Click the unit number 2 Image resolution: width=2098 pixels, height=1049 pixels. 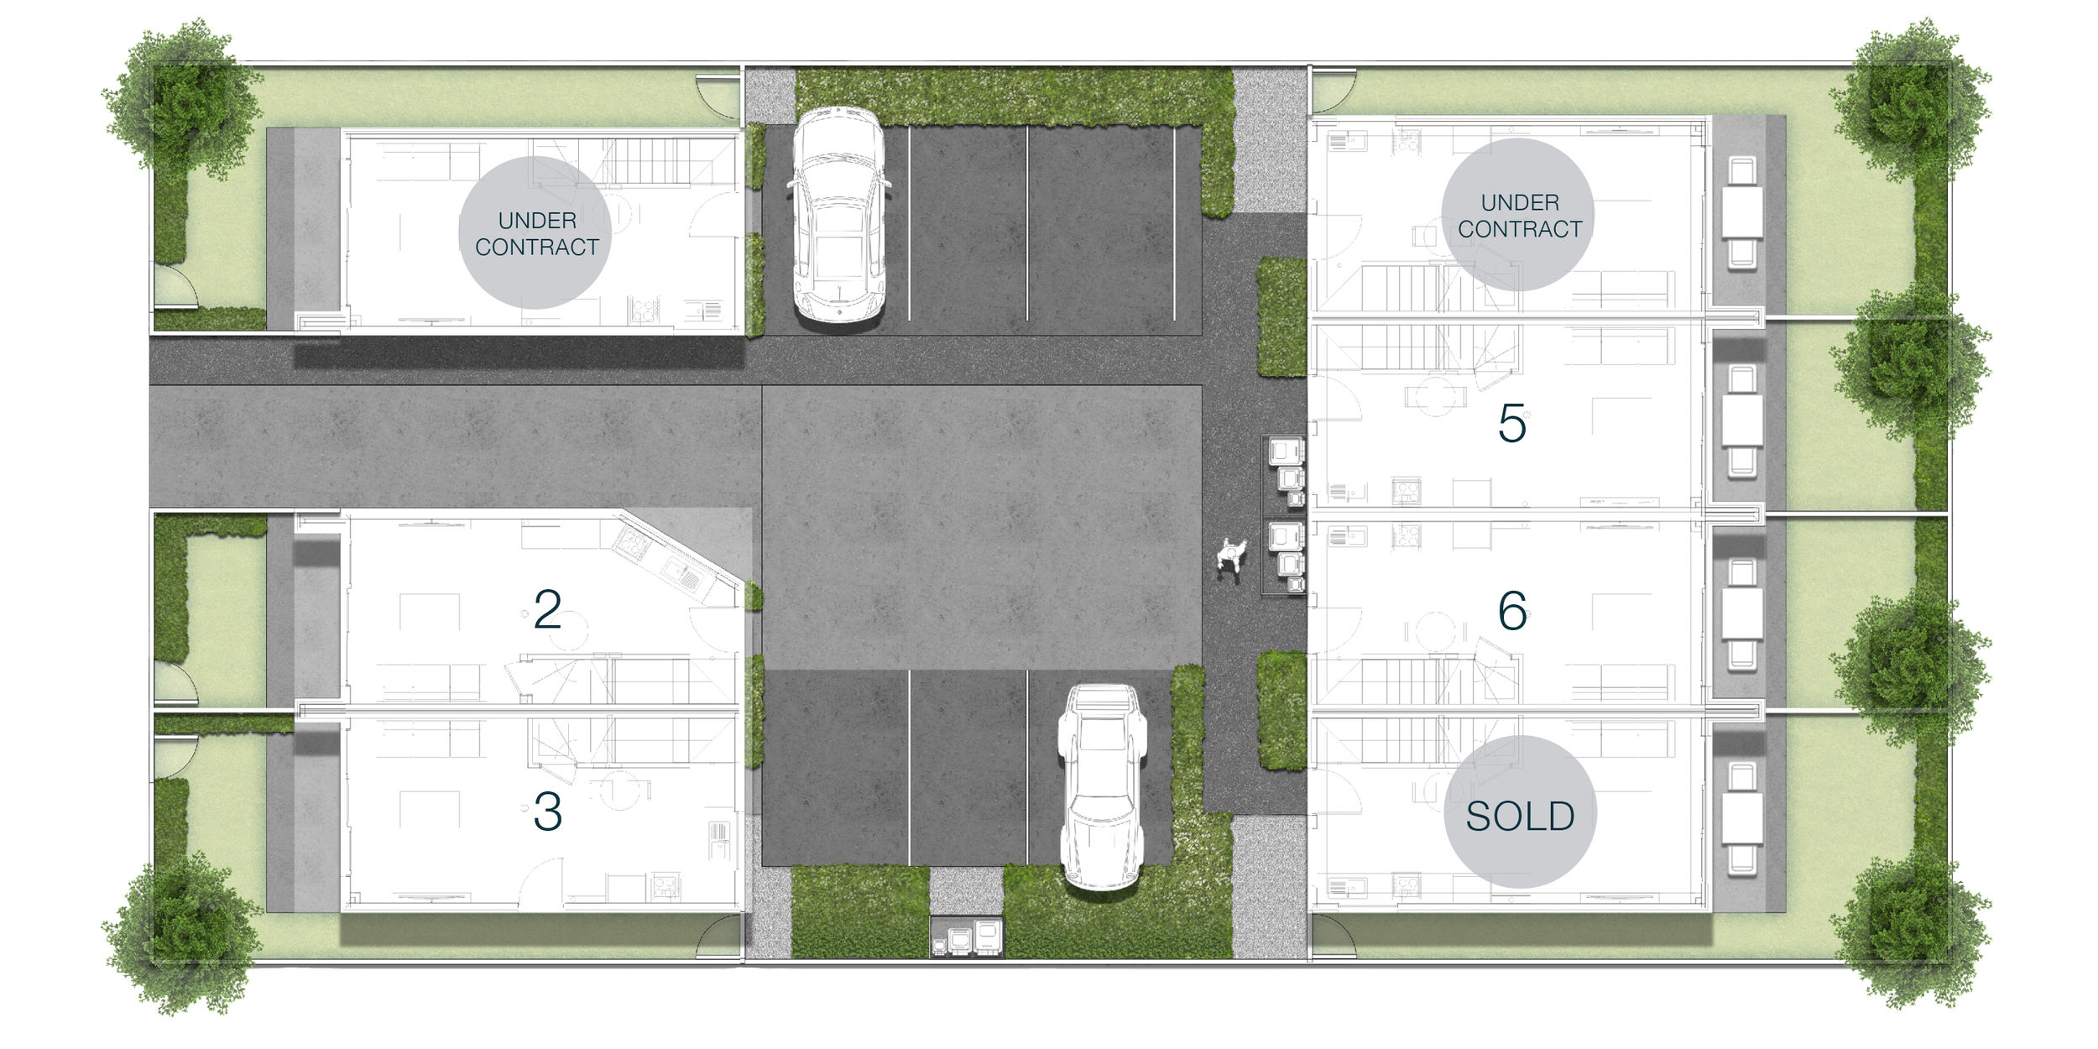coord(547,609)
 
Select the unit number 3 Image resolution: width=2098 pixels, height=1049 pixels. coord(547,812)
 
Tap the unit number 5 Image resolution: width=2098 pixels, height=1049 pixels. coord(1512,423)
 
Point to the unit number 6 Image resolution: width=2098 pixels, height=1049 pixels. coord(1512,611)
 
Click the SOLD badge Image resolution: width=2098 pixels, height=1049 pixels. coord(1520,812)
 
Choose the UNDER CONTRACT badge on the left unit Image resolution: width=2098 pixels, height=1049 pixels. coord(535,232)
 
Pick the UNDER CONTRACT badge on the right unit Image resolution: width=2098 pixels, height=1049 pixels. coord(1518,215)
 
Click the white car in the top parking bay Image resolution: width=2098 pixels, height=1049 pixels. coord(838,215)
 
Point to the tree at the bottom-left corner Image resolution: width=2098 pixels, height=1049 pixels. coord(180,933)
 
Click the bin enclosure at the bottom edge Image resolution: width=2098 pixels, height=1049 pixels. coord(967,937)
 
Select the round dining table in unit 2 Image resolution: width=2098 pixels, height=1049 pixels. coord(567,628)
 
